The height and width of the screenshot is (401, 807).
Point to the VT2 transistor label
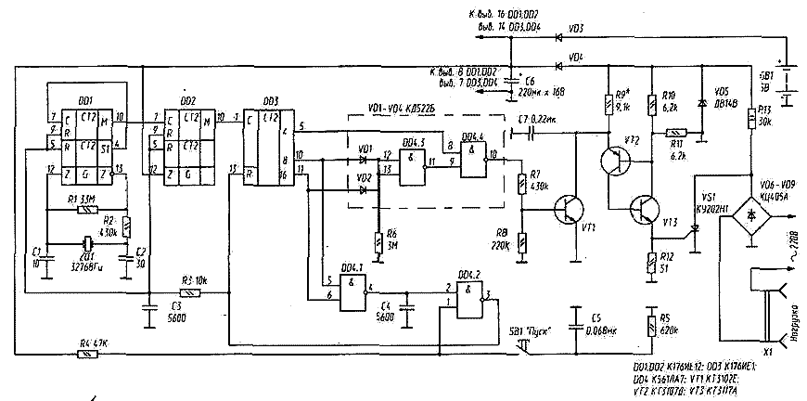tap(633, 140)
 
